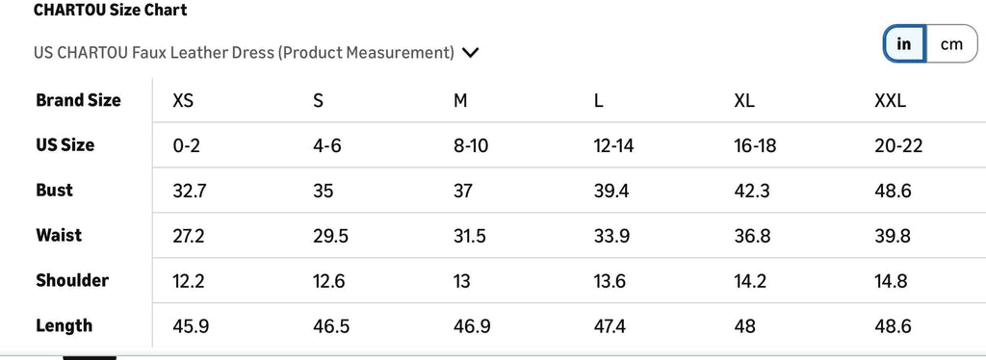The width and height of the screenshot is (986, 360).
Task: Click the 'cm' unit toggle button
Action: point(951,44)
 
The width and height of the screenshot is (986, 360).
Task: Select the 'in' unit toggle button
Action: point(904,44)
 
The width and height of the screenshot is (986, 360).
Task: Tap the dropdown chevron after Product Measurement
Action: point(470,53)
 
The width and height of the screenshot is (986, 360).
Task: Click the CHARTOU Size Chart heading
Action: point(110,11)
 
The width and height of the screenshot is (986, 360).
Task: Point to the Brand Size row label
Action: point(78,100)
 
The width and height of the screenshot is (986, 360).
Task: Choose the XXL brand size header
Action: point(890,101)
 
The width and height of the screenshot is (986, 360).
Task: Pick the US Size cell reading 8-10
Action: point(470,146)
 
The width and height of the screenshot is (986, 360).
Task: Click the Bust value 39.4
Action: point(611,191)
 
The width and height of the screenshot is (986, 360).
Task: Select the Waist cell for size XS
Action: point(189,236)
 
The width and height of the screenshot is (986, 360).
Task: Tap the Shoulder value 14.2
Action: point(750,281)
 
